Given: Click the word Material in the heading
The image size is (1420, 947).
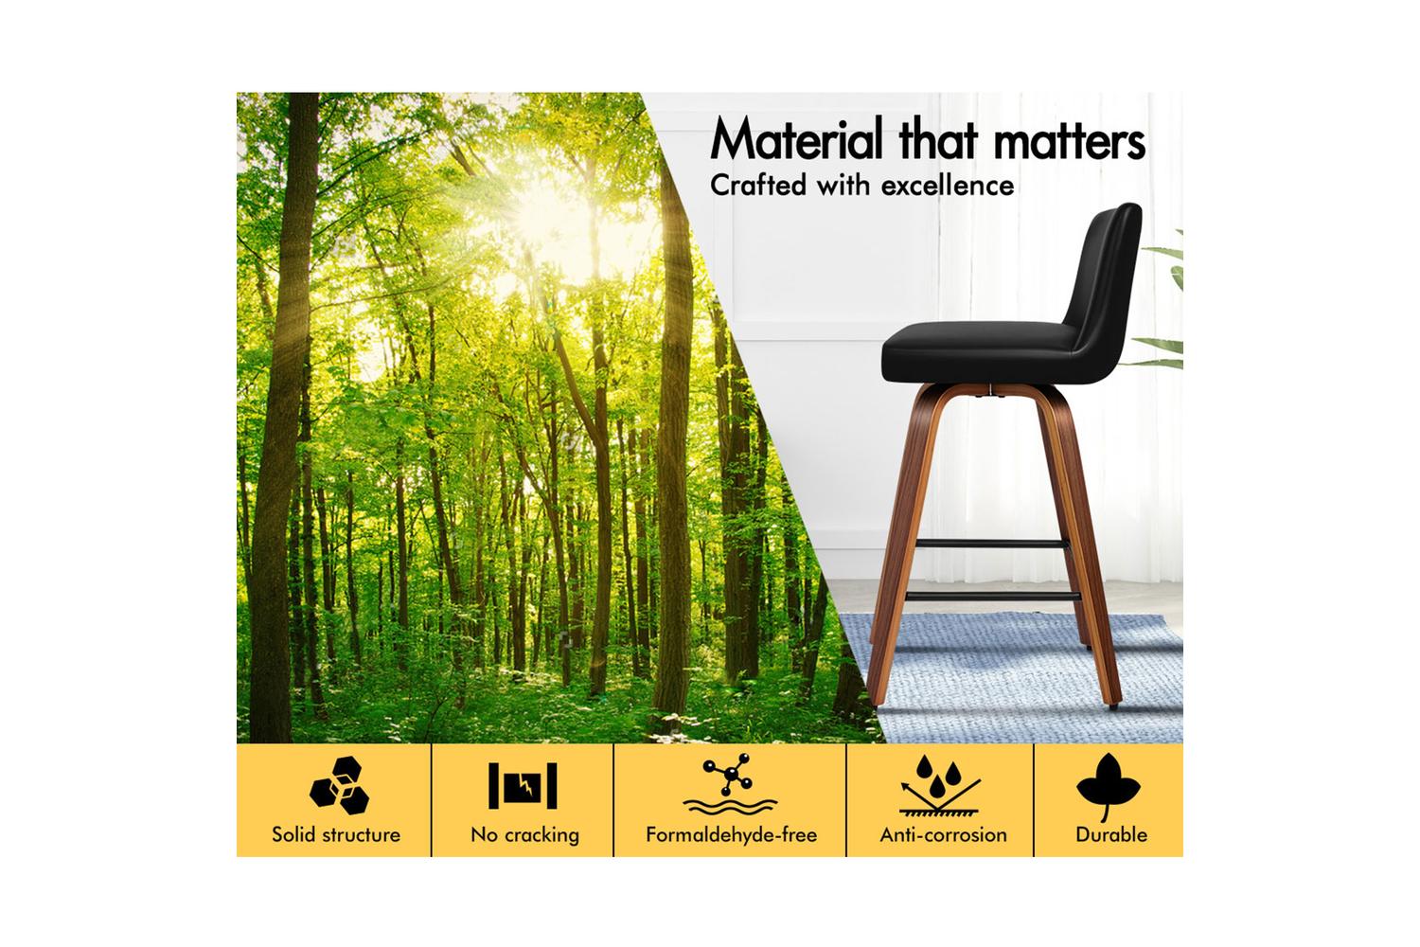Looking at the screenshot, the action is tap(796, 137).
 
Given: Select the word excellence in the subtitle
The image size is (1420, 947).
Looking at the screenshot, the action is tap(948, 186).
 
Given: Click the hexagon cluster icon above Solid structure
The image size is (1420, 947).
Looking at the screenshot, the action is tap(339, 785).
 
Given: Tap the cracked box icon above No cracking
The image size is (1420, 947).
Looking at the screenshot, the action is tap(523, 785).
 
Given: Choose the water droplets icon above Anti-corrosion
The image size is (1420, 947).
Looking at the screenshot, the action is tap(940, 785).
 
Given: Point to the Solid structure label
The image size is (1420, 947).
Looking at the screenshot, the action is tap(336, 834).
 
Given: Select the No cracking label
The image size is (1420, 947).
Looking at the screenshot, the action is tap(524, 834).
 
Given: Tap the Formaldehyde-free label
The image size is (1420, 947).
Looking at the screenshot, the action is tap(731, 834).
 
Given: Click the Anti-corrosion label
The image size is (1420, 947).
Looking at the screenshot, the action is tap(943, 834).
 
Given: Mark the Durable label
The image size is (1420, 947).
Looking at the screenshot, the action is tap(1111, 834).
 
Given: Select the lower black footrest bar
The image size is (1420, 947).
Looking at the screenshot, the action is tap(992, 596).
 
